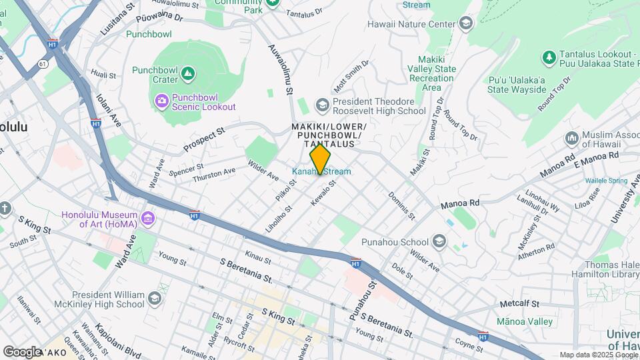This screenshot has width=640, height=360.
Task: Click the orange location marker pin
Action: pyautogui.click(x=321, y=158)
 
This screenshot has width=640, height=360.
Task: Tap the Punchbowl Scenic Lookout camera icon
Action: pyautogui.click(x=161, y=101)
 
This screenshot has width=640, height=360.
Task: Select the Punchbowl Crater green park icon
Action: pyautogui.click(x=188, y=72)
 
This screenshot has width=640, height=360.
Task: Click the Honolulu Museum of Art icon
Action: pyautogui.click(x=148, y=218)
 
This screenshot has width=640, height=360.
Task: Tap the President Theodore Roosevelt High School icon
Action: pyautogui.click(x=323, y=105)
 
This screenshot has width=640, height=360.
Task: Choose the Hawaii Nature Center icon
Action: pyautogui.click(x=465, y=24)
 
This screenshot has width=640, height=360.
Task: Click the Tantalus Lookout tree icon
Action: pyautogui.click(x=549, y=58)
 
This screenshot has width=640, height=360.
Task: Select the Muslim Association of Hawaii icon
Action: pyautogui.click(x=571, y=139)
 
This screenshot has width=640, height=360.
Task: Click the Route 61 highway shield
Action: pyautogui.click(x=43, y=63)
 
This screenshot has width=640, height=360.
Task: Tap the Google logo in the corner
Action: pyautogui.click(x=22, y=351)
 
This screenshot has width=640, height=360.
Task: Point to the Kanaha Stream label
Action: pyautogui.click(x=321, y=172)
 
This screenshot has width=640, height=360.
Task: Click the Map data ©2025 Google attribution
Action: pyautogui.click(x=597, y=355)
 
